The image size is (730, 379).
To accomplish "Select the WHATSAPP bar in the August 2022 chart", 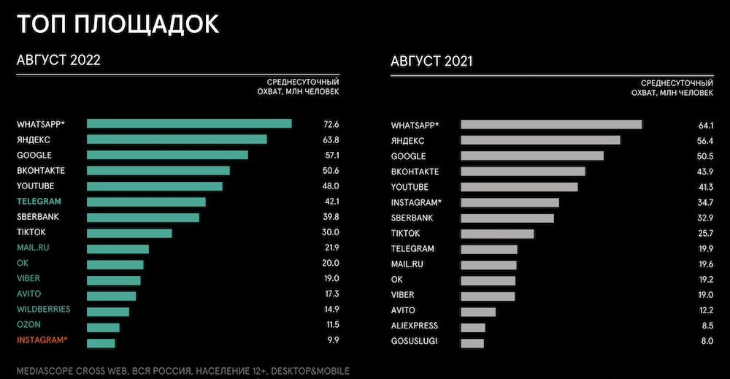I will click(189, 124).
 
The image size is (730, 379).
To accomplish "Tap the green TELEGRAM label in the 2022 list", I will click(39, 202).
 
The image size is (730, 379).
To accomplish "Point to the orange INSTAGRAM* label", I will click(42, 340).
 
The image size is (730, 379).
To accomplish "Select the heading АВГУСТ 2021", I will click(431, 61).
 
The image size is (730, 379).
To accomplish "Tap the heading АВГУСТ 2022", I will click(58, 61).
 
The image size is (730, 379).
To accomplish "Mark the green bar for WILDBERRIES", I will click(108, 311).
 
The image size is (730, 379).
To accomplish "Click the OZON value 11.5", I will click(331, 324).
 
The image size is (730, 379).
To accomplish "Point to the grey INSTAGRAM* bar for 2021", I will click(510, 202).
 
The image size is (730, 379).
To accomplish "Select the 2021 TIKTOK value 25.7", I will click(705, 234).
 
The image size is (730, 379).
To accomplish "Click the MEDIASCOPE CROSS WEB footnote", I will click(182, 370).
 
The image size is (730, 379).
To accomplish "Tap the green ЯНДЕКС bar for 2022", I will click(177, 139).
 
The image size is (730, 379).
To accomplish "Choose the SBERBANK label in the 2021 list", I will click(412, 218).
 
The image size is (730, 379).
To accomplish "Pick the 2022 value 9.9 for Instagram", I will click(332, 340).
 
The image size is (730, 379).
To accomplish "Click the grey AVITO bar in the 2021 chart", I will click(478, 312).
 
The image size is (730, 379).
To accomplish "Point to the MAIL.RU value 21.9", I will click(331, 248).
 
